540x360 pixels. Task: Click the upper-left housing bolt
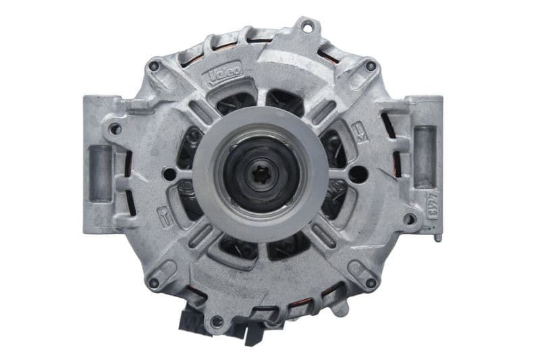tap(155, 66)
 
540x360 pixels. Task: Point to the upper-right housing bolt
tap(371, 66)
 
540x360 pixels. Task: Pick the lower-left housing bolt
tap(154, 284)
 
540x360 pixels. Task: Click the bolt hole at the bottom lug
tap(217, 320)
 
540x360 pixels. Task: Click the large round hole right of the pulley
tap(358, 174)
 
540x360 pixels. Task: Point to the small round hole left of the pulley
tap(169, 175)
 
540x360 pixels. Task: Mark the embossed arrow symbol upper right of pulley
tap(359, 130)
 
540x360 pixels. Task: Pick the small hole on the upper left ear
tap(115, 128)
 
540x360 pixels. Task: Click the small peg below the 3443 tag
tap(437, 236)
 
